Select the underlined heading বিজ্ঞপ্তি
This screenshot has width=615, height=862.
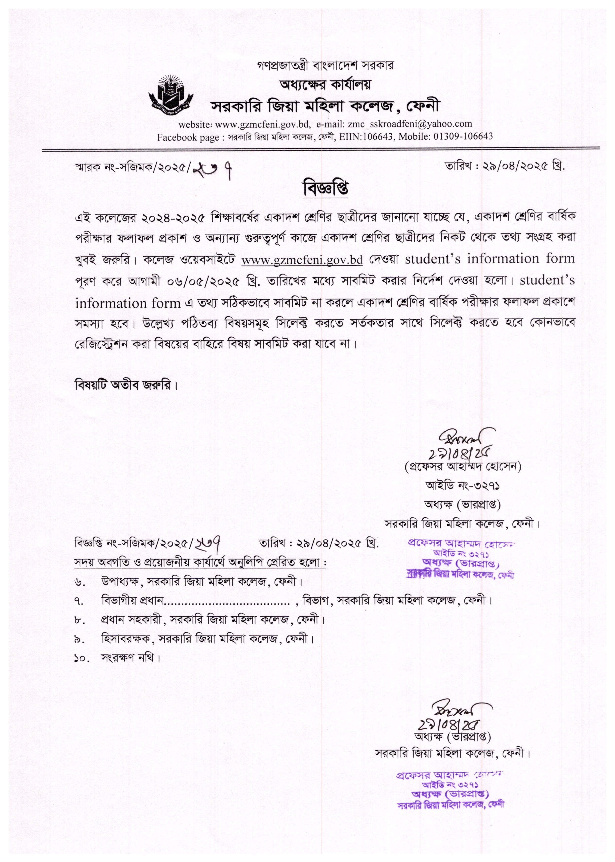pos(325,189)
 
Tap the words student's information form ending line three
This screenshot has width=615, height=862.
pos(490,259)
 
